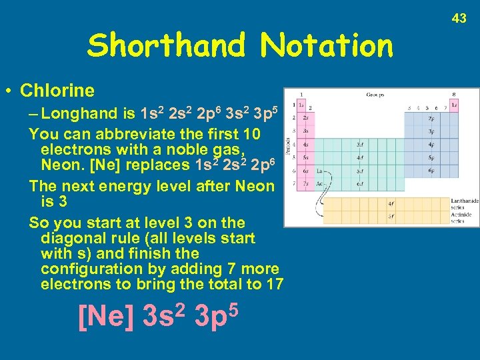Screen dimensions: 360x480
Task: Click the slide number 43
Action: click(x=459, y=19)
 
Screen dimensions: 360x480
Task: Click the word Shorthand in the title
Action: click(x=167, y=46)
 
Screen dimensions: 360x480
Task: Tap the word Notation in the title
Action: click(x=327, y=46)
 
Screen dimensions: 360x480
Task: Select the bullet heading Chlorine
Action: click(x=57, y=90)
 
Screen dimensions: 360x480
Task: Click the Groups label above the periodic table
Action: click(x=375, y=95)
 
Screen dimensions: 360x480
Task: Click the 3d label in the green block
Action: click(x=360, y=143)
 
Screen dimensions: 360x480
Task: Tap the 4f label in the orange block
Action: click(x=391, y=203)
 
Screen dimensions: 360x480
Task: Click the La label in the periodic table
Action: click(x=320, y=171)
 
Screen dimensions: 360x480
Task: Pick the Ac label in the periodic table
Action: click(x=320, y=183)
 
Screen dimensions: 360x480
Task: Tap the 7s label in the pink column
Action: click(x=305, y=183)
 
